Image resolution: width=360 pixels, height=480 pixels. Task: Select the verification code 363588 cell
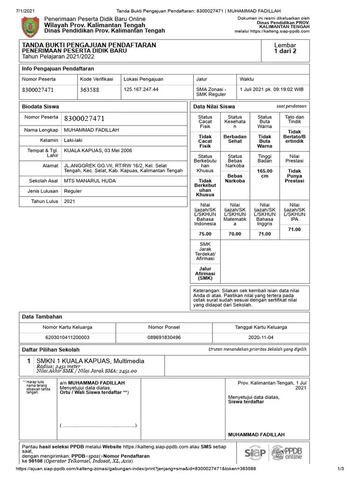[90, 90]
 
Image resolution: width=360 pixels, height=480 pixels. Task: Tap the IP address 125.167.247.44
[141, 89]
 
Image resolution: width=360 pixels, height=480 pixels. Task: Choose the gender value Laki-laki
[75, 140]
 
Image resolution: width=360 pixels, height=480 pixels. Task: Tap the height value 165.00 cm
[265, 174]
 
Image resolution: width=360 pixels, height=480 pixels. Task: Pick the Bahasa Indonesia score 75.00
[205, 233]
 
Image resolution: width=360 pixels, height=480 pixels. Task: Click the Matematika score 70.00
[235, 233]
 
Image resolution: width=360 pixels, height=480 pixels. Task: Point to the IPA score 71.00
[294, 229]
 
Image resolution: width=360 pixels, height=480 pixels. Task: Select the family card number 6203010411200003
[67, 337]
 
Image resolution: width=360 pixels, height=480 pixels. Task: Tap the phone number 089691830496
[164, 337]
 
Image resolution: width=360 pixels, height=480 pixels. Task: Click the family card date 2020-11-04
[261, 337]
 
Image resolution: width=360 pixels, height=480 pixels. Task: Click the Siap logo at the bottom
[255, 453]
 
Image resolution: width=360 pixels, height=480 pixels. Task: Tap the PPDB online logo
[287, 453]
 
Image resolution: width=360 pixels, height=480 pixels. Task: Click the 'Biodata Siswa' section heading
[41, 106]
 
